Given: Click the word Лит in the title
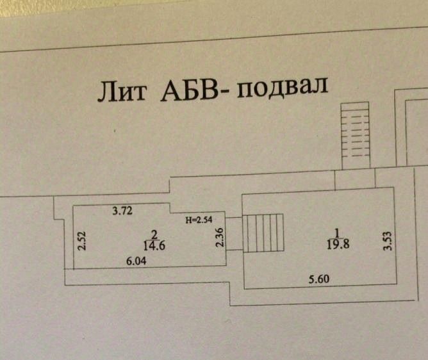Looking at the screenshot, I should pyautogui.click(x=118, y=92).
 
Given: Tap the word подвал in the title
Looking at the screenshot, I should pyautogui.click(x=282, y=87).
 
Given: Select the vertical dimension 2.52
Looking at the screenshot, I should pyautogui.click(x=81, y=240).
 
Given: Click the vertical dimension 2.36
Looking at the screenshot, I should pyautogui.click(x=220, y=238).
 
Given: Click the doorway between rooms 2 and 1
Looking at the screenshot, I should pyautogui.click(x=234, y=234).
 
